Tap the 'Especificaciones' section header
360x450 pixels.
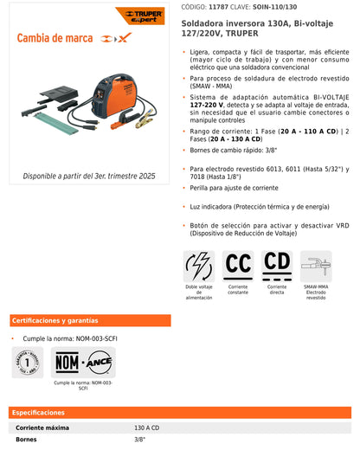coord(40,413)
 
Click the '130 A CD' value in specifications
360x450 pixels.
coord(147,427)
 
